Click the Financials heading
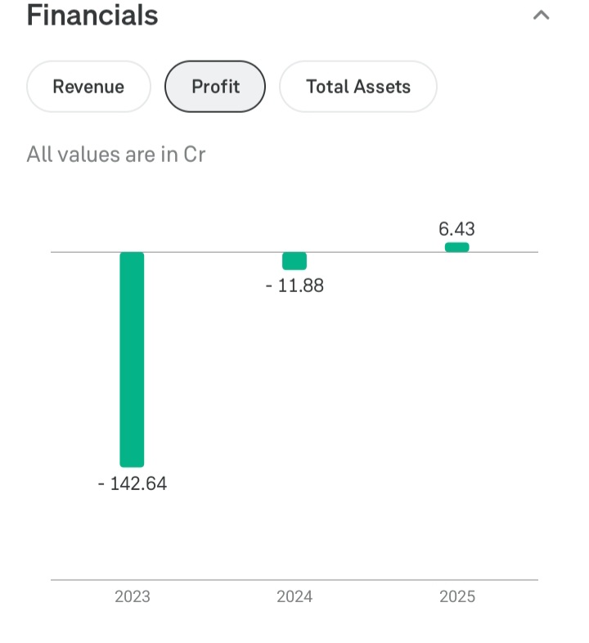[92, 16]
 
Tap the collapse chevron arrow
[541, 16]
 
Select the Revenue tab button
[88, 87]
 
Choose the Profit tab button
[215, 87]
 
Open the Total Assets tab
[358, 87]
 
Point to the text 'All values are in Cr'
[115, 154]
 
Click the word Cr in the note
[194, 154]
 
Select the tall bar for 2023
[132, 359]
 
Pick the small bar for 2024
[294, 261]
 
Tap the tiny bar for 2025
[456, 247]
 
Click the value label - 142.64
[132, 483]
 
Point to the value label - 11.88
[294, 286]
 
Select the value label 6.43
[456, 229]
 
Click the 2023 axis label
[132, 596]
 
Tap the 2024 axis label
[294, 596]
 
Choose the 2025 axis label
[456, 596]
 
